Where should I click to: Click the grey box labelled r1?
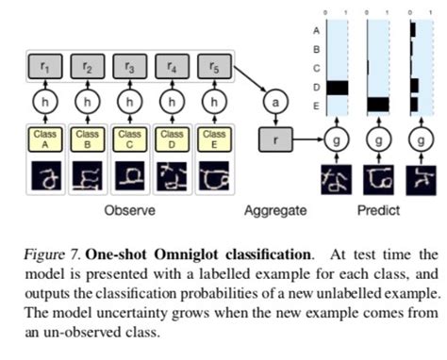tap(43, 67)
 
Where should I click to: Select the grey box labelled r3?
tap(129, 67)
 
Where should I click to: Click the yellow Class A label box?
tap(43, 140)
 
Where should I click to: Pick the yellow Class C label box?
tap(129, 140)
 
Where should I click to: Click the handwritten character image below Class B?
tap(87, 177)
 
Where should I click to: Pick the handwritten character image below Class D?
tap(172, 177)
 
